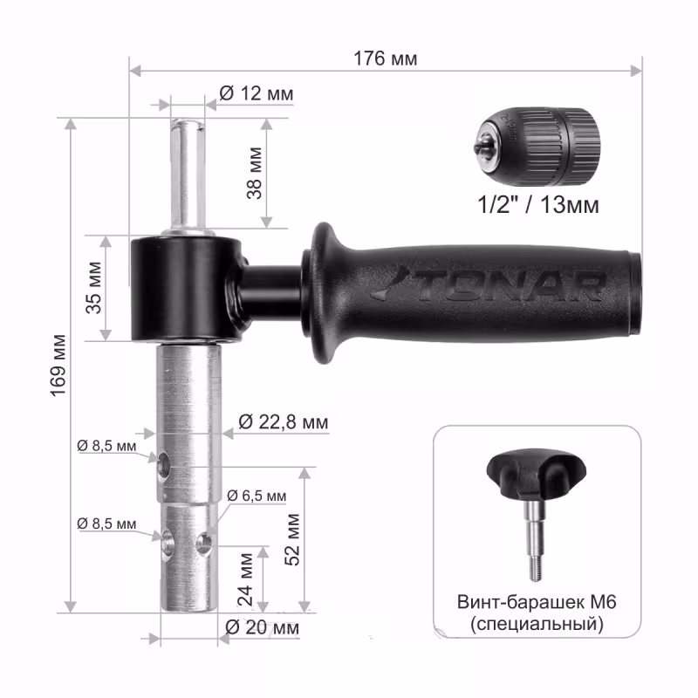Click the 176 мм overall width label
pyautogui.click(x=385, y=58)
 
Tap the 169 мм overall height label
pyautogui.click(x=58, y=365)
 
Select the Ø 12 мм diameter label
pyautogui.click(x=257, y=93)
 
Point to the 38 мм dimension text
pyautogui.click(x=255, y=173)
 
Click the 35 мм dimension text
pyautogui.click(x=94, y=288)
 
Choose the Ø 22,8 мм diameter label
pyautogui.click(x=283, y=421)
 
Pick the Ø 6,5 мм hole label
pyautogui.click(x=257, y=496)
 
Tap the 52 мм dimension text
pyautogui.click(x=292, y=539)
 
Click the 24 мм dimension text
pyautogui.click(x=245, y=579)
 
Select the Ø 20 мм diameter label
pyautogui.click(x=263, y=627)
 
